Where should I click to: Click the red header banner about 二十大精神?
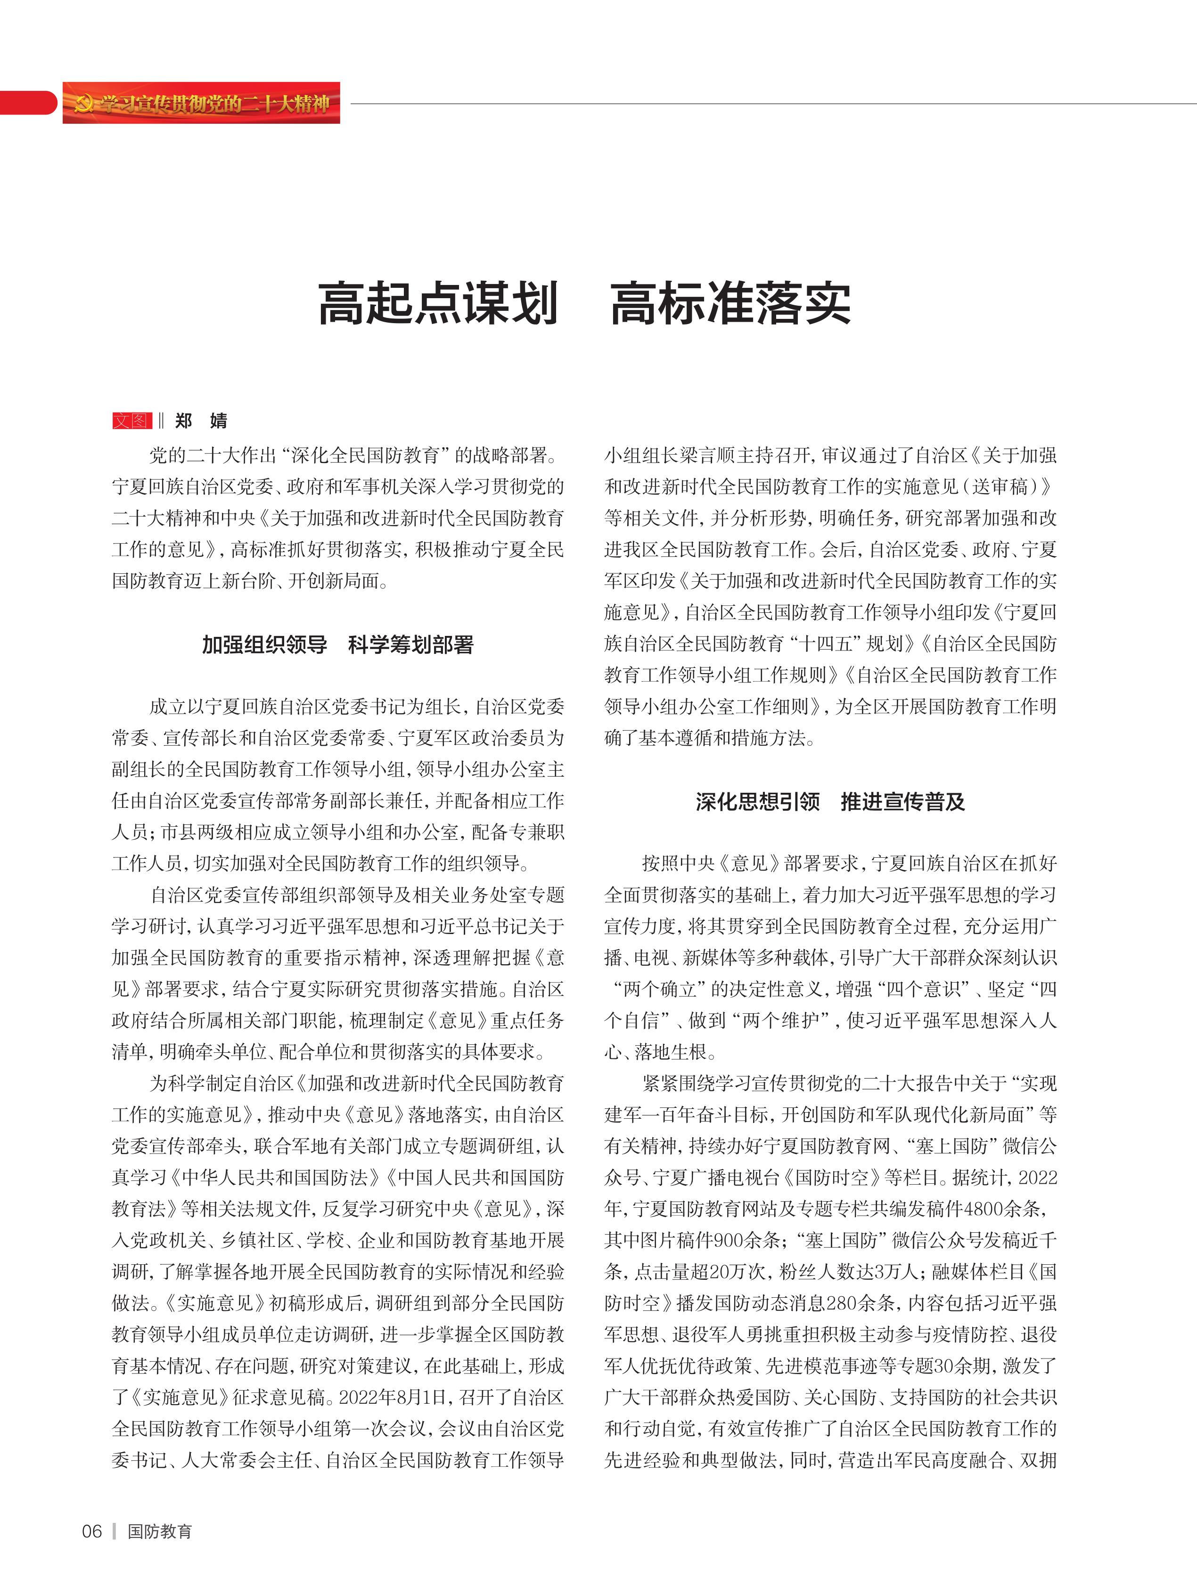pos(201,103)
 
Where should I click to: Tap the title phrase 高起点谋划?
pos(438,303)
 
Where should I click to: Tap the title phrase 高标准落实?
pos(731,303)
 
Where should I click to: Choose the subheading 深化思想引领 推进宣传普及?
pos(830,802)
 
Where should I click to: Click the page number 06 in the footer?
pos(92,1531)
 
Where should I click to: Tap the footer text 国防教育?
pos(160,1531)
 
